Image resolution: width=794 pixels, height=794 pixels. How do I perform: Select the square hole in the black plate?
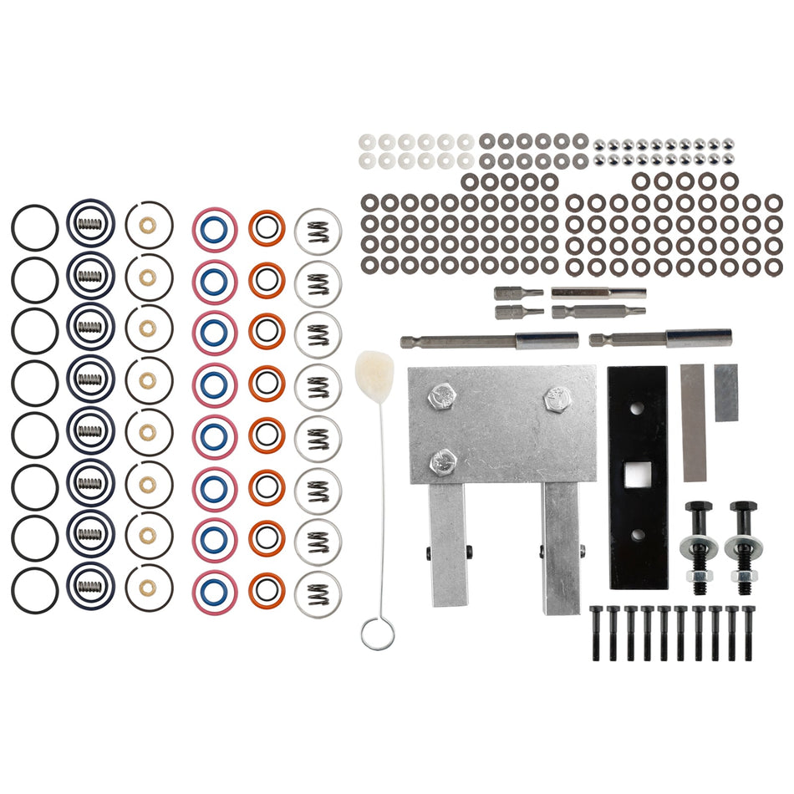click(x=637, y=476)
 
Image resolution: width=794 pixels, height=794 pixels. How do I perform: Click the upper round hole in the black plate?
click(x=637, y=410)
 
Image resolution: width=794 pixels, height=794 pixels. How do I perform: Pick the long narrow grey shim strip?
click(x=694, y=422)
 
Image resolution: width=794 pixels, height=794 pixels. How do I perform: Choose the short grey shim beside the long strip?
click(x=725, y=392)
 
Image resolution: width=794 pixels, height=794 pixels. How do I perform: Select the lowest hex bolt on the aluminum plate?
click(x=441, y=459)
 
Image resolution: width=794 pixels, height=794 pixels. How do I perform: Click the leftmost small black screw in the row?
click(x=597, y=633)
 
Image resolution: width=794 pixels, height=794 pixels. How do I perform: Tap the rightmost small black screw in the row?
click(x=748, y=633)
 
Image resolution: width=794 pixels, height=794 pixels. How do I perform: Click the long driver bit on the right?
click(x=660, y=338)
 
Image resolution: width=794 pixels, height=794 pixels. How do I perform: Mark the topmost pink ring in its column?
click(x=214, y=227)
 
